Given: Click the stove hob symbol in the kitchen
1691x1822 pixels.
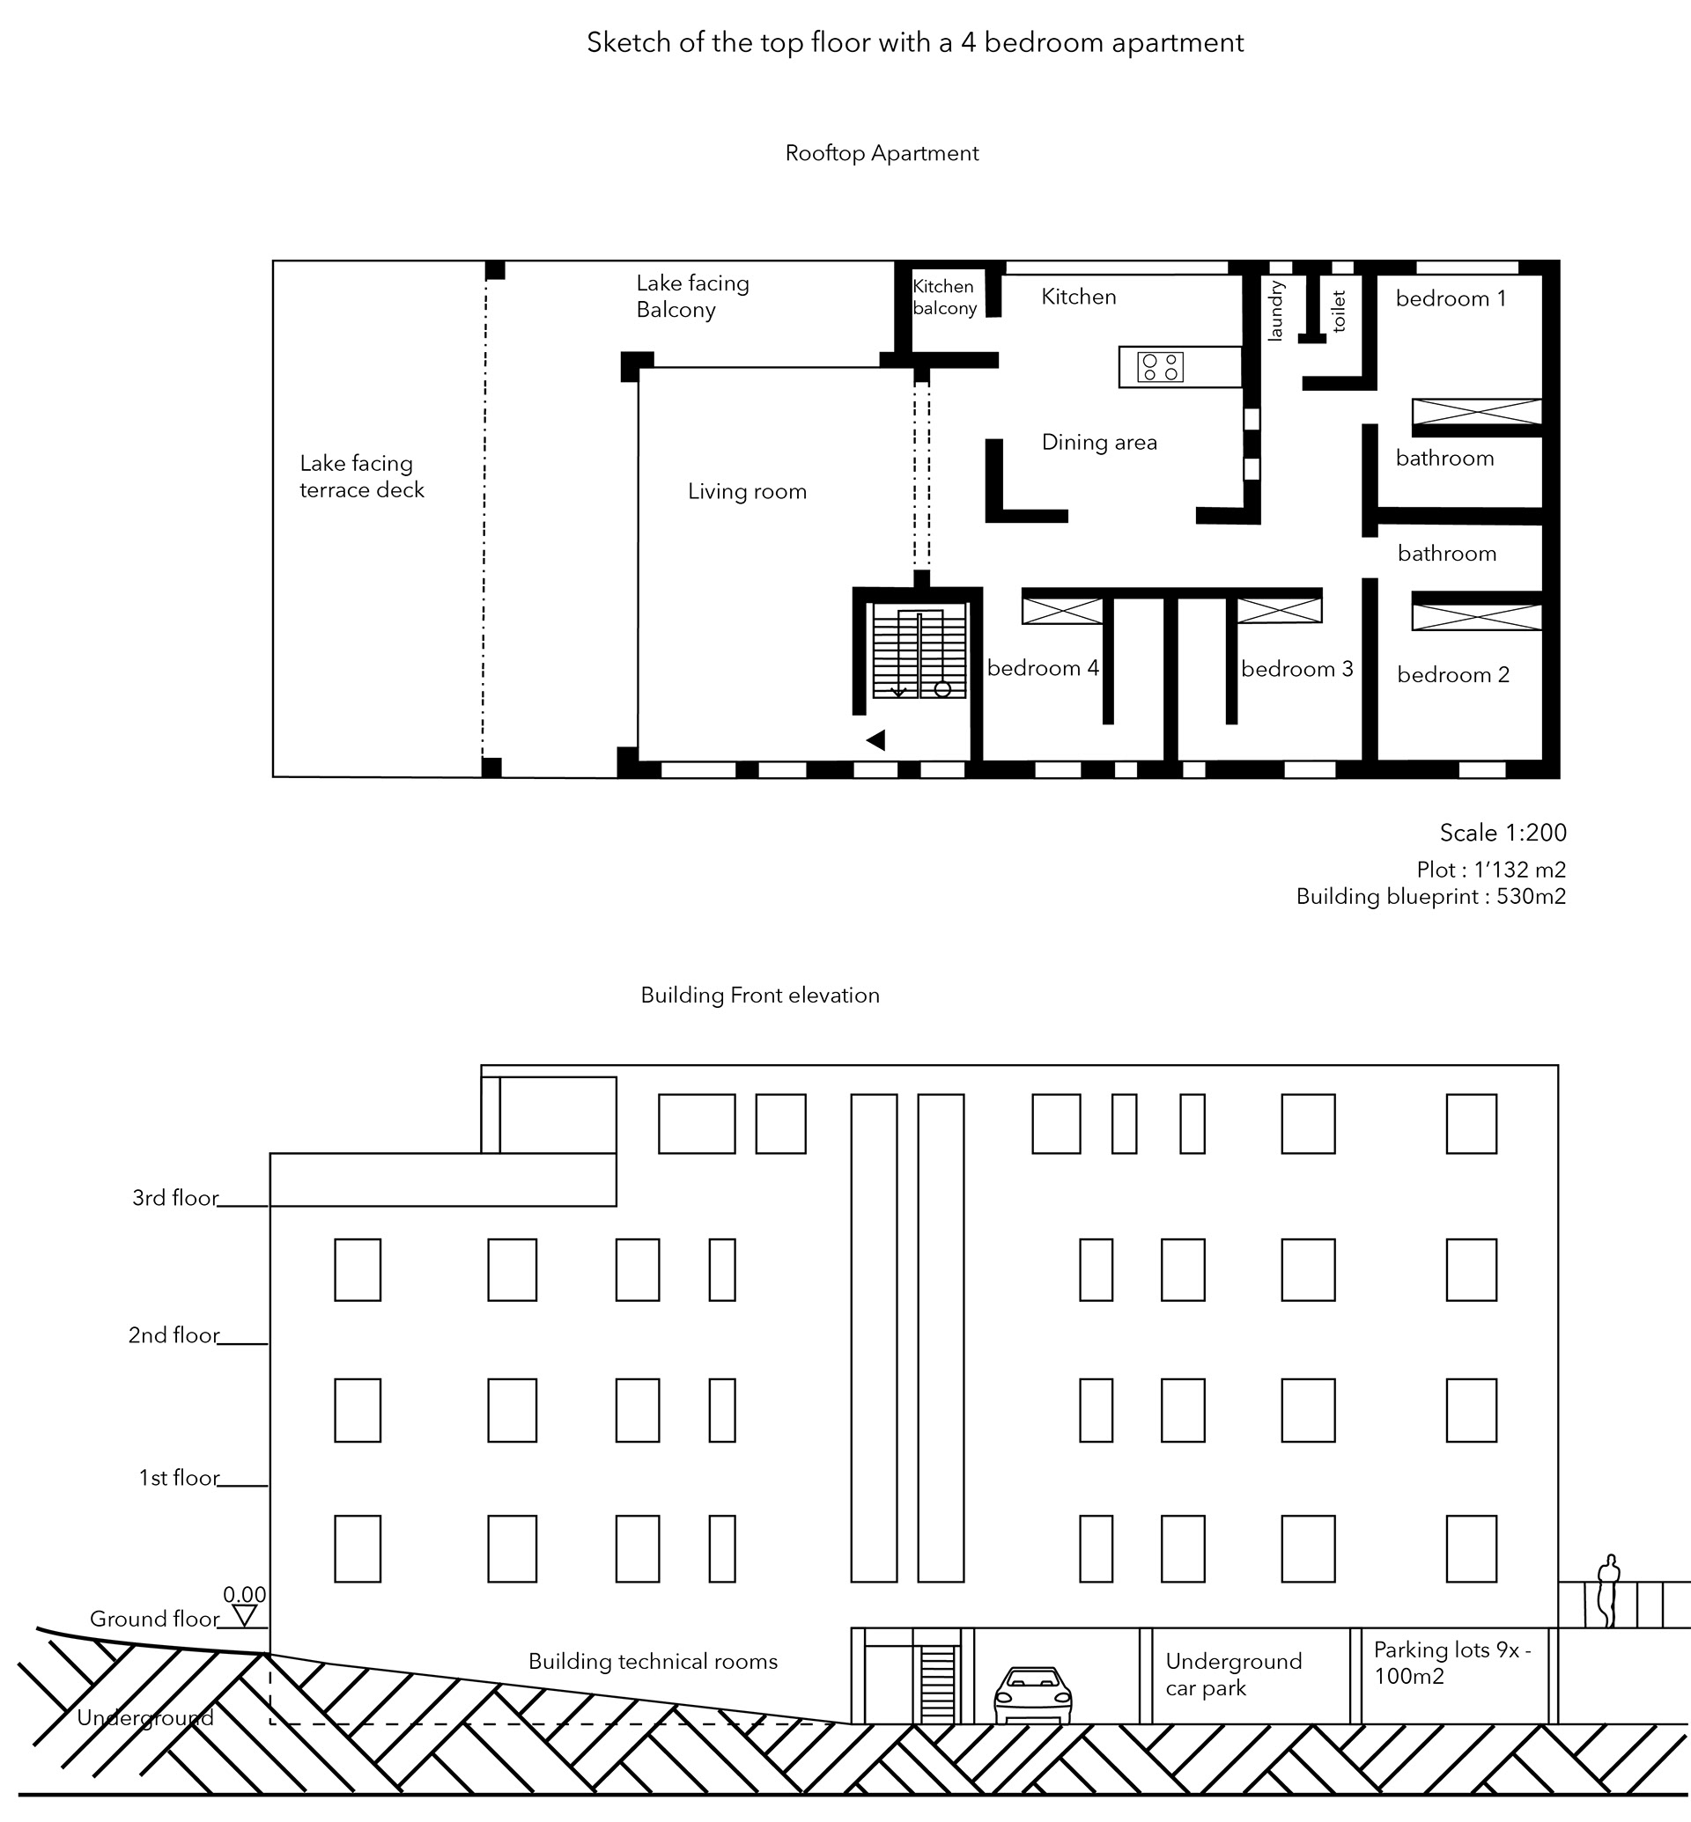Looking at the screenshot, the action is point(1160,367).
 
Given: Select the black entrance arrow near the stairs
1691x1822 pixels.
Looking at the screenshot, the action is point(875,740).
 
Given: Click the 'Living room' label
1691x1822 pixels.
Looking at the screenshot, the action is point(748,491).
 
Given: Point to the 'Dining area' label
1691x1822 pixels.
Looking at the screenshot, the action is point(1099,443).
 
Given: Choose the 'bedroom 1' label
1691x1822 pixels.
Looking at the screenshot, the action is point(1451,298).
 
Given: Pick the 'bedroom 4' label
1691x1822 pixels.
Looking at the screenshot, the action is point(1043,668).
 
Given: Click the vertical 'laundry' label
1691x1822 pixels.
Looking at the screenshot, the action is point(1275,311).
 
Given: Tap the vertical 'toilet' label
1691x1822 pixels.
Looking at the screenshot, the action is point(1339,311).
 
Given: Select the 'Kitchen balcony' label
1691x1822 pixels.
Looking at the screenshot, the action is point(944,298).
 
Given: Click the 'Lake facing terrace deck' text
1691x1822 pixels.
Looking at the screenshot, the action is point(361,476).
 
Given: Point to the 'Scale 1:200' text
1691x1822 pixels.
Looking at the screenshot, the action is point(1503,833).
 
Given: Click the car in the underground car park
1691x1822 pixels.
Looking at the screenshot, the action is point(1032,1696).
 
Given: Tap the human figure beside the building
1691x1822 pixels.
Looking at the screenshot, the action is point(1607,1592).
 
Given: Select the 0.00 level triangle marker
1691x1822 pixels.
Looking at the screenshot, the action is point(244,1617).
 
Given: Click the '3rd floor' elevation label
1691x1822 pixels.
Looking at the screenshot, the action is point(175,1198).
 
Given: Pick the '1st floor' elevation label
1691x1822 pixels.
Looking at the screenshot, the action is point(180,1478).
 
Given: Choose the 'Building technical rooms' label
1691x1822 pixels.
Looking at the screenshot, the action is point(653,1661).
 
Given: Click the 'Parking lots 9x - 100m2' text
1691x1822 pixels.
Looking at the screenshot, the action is point(1451,1663).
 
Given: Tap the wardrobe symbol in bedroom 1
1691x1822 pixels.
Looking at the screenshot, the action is point(1477,412).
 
